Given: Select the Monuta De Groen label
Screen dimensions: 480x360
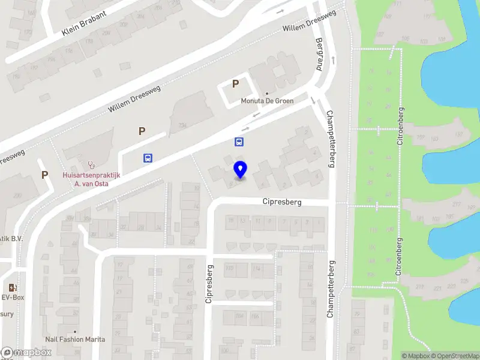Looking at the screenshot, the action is point(267,101).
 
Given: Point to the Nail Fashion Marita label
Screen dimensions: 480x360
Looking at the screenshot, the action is point(75,340).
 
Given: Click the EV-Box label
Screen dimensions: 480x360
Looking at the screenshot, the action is point(12,296).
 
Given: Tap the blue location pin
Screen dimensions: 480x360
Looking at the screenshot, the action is point(240,170).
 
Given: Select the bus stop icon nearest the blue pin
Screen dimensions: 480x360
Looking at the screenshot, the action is point(239,142).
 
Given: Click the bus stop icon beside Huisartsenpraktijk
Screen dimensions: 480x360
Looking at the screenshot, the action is point(148,158).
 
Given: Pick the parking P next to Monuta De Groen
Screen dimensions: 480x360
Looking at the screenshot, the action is point(236,85).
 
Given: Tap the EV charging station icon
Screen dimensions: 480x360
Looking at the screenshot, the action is point(12,287).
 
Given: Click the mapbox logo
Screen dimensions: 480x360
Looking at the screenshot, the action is point(26,353).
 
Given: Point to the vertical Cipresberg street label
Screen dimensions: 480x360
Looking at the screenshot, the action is point(209,284).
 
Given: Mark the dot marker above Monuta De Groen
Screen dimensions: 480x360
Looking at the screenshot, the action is point(267,93).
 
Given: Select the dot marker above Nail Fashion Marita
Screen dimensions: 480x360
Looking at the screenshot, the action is point(75,331).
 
